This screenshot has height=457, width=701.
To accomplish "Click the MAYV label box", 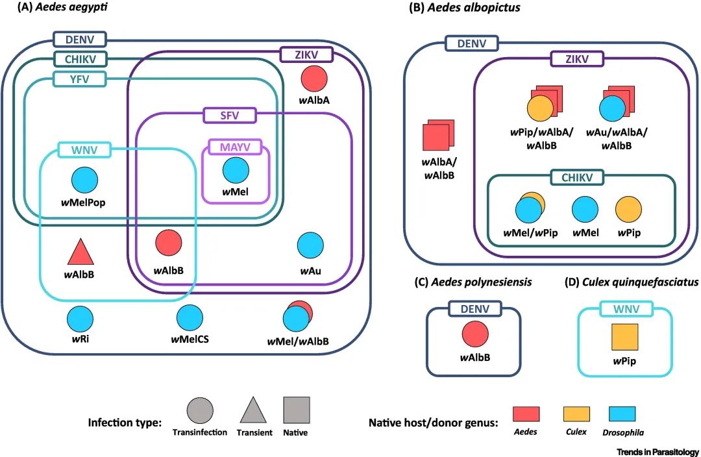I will click(236, 147).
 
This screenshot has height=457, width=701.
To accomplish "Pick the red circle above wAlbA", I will click(314, 79).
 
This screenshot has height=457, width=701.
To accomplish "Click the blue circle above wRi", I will click(80, 319).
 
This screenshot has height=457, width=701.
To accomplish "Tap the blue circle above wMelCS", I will click(190, 319).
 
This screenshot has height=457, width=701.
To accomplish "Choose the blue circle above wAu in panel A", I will click(310, 245).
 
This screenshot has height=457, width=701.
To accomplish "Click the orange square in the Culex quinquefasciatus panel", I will click(626, 336).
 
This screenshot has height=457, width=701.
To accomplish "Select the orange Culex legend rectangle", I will click(575, 414).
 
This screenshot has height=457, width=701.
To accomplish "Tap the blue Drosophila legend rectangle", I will click(622, 414).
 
